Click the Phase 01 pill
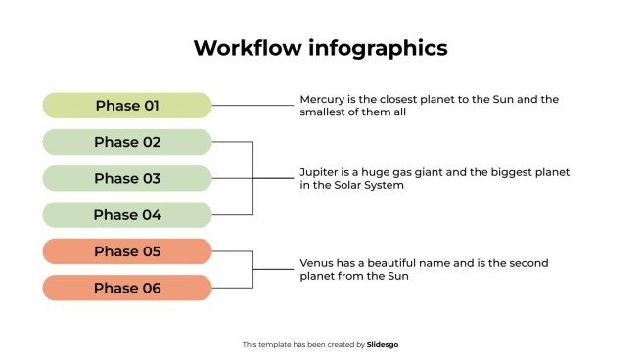coord(127,106)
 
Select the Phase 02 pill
coord(127,142)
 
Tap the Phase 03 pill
coord(127,178)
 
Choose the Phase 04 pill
coord(127,215)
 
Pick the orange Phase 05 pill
coord(127,251)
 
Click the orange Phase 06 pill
coord(127,288)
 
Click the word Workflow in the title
coord(248,47)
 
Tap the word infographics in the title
coord(378,49)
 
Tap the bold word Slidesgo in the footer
coord(383,345)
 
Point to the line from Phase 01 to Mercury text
coord(252,106)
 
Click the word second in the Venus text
coord(528,263)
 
